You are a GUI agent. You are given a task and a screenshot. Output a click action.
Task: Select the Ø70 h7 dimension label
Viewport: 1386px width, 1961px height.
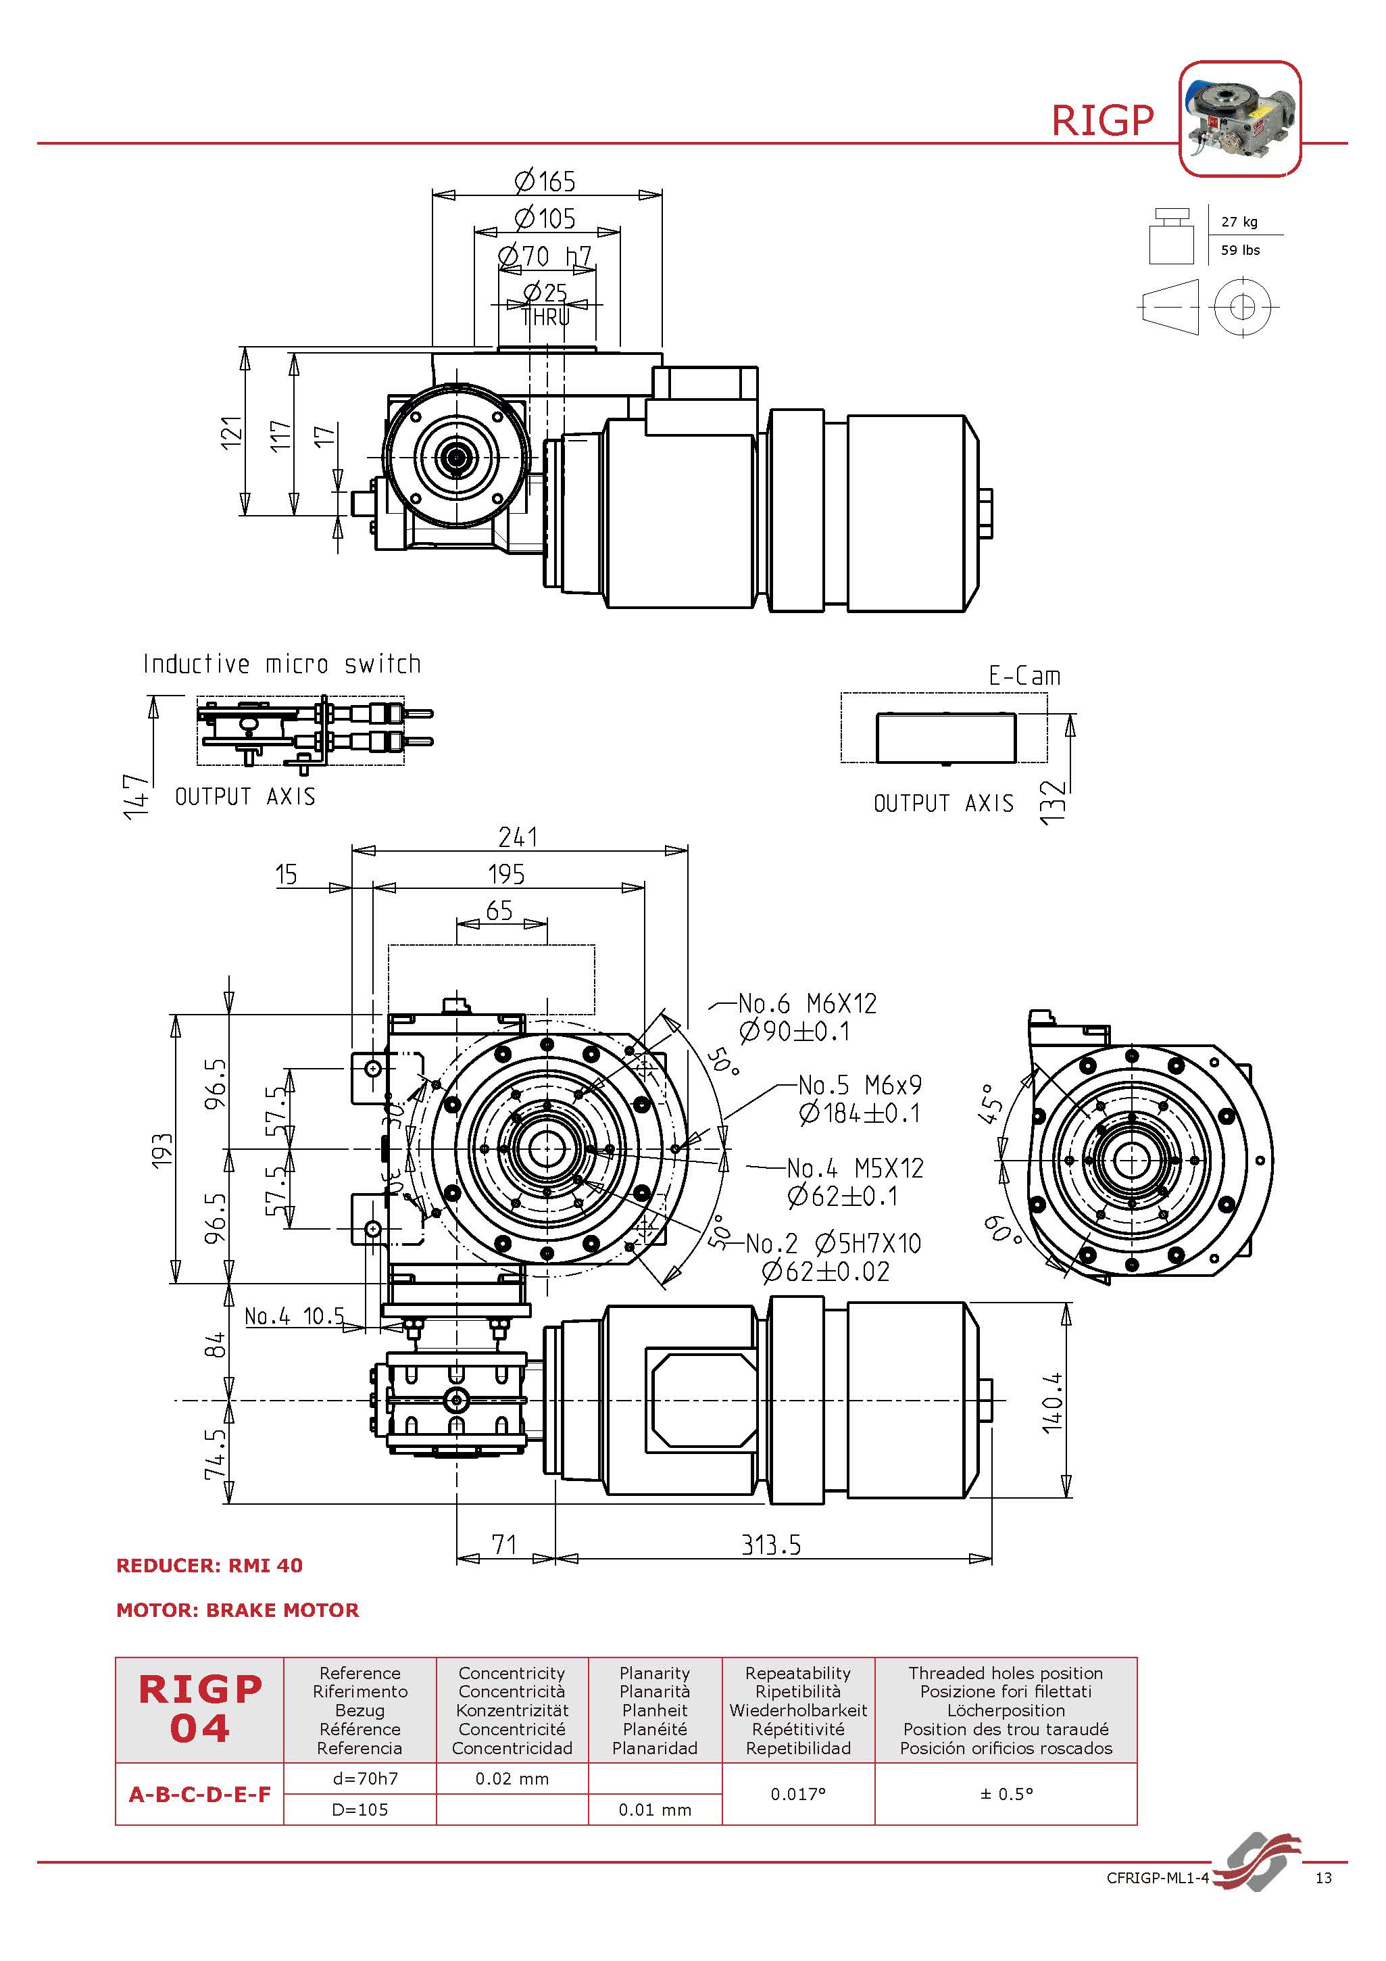[x=545, y=256]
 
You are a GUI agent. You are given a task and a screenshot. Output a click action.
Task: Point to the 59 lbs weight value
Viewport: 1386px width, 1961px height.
[x=1240, y=250]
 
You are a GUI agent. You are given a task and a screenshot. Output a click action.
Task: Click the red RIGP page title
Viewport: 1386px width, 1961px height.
[x=1102, y=120]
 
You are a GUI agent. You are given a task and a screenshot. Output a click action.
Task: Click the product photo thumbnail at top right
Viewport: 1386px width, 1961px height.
[x=1239, y=119]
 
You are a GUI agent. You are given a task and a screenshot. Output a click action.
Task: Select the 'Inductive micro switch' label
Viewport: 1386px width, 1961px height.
[x=282, y=664]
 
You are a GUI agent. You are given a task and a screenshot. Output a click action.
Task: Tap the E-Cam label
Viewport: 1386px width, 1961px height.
[x=1024, y=675]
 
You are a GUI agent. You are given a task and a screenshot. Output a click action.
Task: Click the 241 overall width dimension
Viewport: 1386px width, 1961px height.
[x=518, y=837]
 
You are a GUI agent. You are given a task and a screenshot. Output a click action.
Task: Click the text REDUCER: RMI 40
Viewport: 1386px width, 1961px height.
[x=209, y=1566]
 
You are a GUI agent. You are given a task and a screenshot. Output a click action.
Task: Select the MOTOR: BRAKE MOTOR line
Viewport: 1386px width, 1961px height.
[x=237, y=1610]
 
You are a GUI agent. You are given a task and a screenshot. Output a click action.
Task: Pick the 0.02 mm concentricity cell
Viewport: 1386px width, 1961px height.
[x=512, y=1778]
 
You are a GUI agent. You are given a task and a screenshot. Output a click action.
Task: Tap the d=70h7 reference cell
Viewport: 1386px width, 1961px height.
[x=360, y=1778]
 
